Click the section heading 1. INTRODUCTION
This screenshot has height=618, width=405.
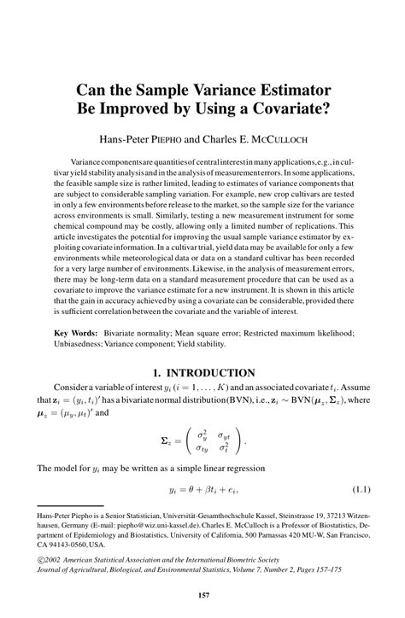pos(202,372)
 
